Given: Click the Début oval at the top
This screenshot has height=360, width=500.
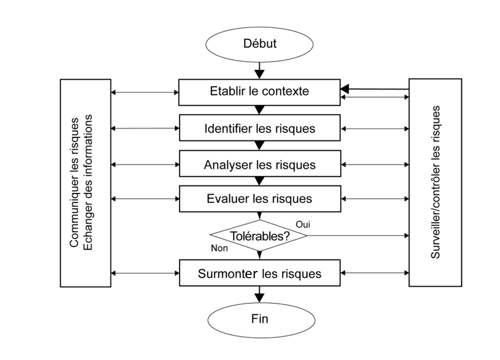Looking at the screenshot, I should coord(259,43).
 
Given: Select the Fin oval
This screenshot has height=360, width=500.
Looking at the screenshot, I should coord(259,319).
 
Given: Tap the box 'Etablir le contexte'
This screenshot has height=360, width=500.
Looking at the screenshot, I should coord(259,91).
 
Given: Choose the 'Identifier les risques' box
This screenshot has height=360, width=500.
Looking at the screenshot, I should coord(259,129).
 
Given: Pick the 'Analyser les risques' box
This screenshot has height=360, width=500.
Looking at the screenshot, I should coord(259,165).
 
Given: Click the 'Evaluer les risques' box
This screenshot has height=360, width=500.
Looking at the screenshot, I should coord(259,199).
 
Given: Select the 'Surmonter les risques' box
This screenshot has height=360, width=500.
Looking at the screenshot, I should coord(259,274).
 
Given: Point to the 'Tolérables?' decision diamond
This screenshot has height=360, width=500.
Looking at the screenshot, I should coord(259,235).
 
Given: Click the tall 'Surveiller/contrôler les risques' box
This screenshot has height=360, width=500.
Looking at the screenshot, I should coord(435,183).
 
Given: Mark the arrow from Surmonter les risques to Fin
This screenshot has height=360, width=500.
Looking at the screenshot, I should coord(259,294).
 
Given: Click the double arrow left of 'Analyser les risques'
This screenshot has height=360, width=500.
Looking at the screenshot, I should coord(145,165).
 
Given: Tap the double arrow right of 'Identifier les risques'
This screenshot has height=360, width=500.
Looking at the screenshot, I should coord(375,129).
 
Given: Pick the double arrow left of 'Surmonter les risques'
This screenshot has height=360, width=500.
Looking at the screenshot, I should coord(145,273).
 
